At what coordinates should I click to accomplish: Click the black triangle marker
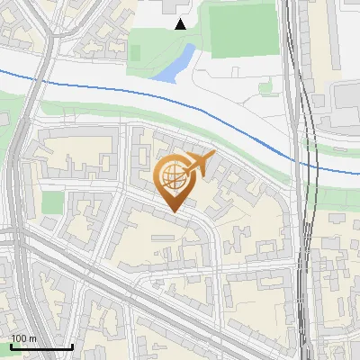[x=180, y=24]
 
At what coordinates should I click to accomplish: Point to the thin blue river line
[x=108, y=87]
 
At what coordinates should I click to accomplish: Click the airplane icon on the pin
[x=200, y=163]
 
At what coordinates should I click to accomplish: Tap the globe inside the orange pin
[x=173, y=176]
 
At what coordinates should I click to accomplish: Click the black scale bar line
[x=41, y=346]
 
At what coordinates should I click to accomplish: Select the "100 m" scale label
[x=23, y=338]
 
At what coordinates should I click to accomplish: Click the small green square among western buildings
[x=52, y=202]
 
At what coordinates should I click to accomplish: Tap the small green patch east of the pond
[x=265, y=87]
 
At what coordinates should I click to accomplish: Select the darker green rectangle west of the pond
[x=136, y=52]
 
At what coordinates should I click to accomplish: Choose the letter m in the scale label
[x=32, y=338]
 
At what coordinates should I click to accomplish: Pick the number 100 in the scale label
[x=19, y=338]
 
